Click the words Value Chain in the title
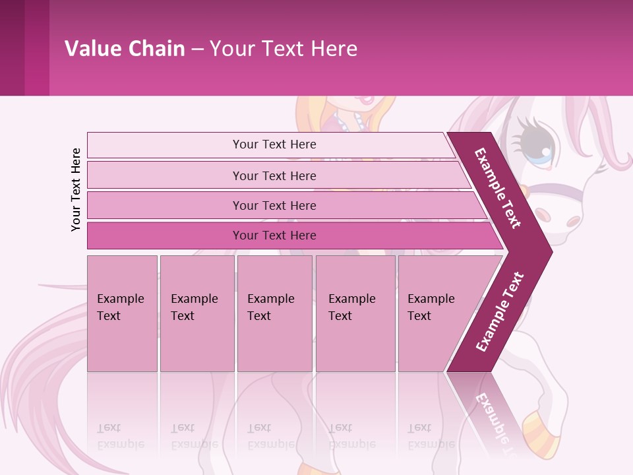[x=125, y=49]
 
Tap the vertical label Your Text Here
[x=76, y=189]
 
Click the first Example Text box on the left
[x=122, y=313]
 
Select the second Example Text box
[x=196, y=313]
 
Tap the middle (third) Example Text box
[x=274, y=313]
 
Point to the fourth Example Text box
[x=355, y=313]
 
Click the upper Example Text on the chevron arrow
[x=498, y=188]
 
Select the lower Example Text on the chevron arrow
[x=499, y=311]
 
